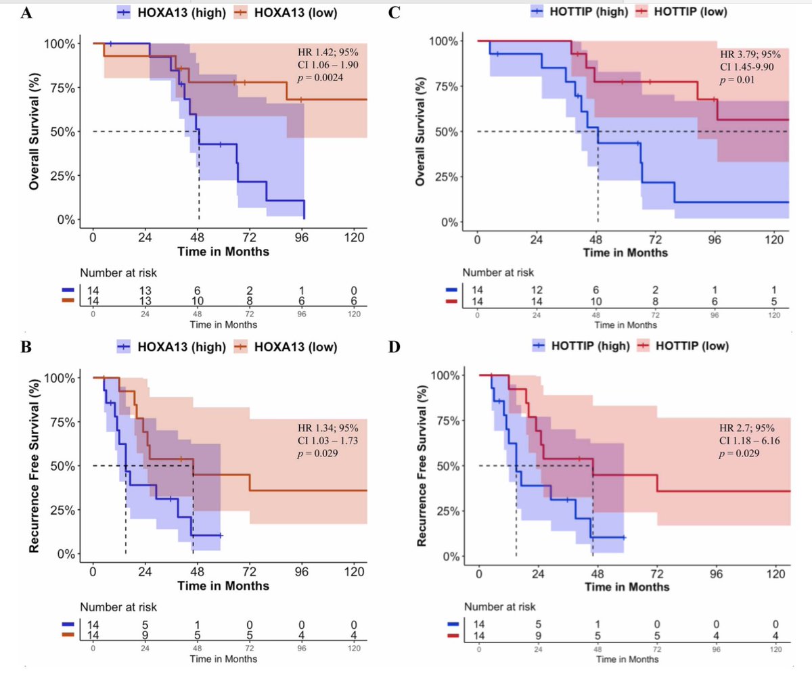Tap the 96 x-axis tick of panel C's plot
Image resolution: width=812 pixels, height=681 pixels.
point(715,239)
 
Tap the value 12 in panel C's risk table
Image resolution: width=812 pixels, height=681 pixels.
point(537,290)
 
